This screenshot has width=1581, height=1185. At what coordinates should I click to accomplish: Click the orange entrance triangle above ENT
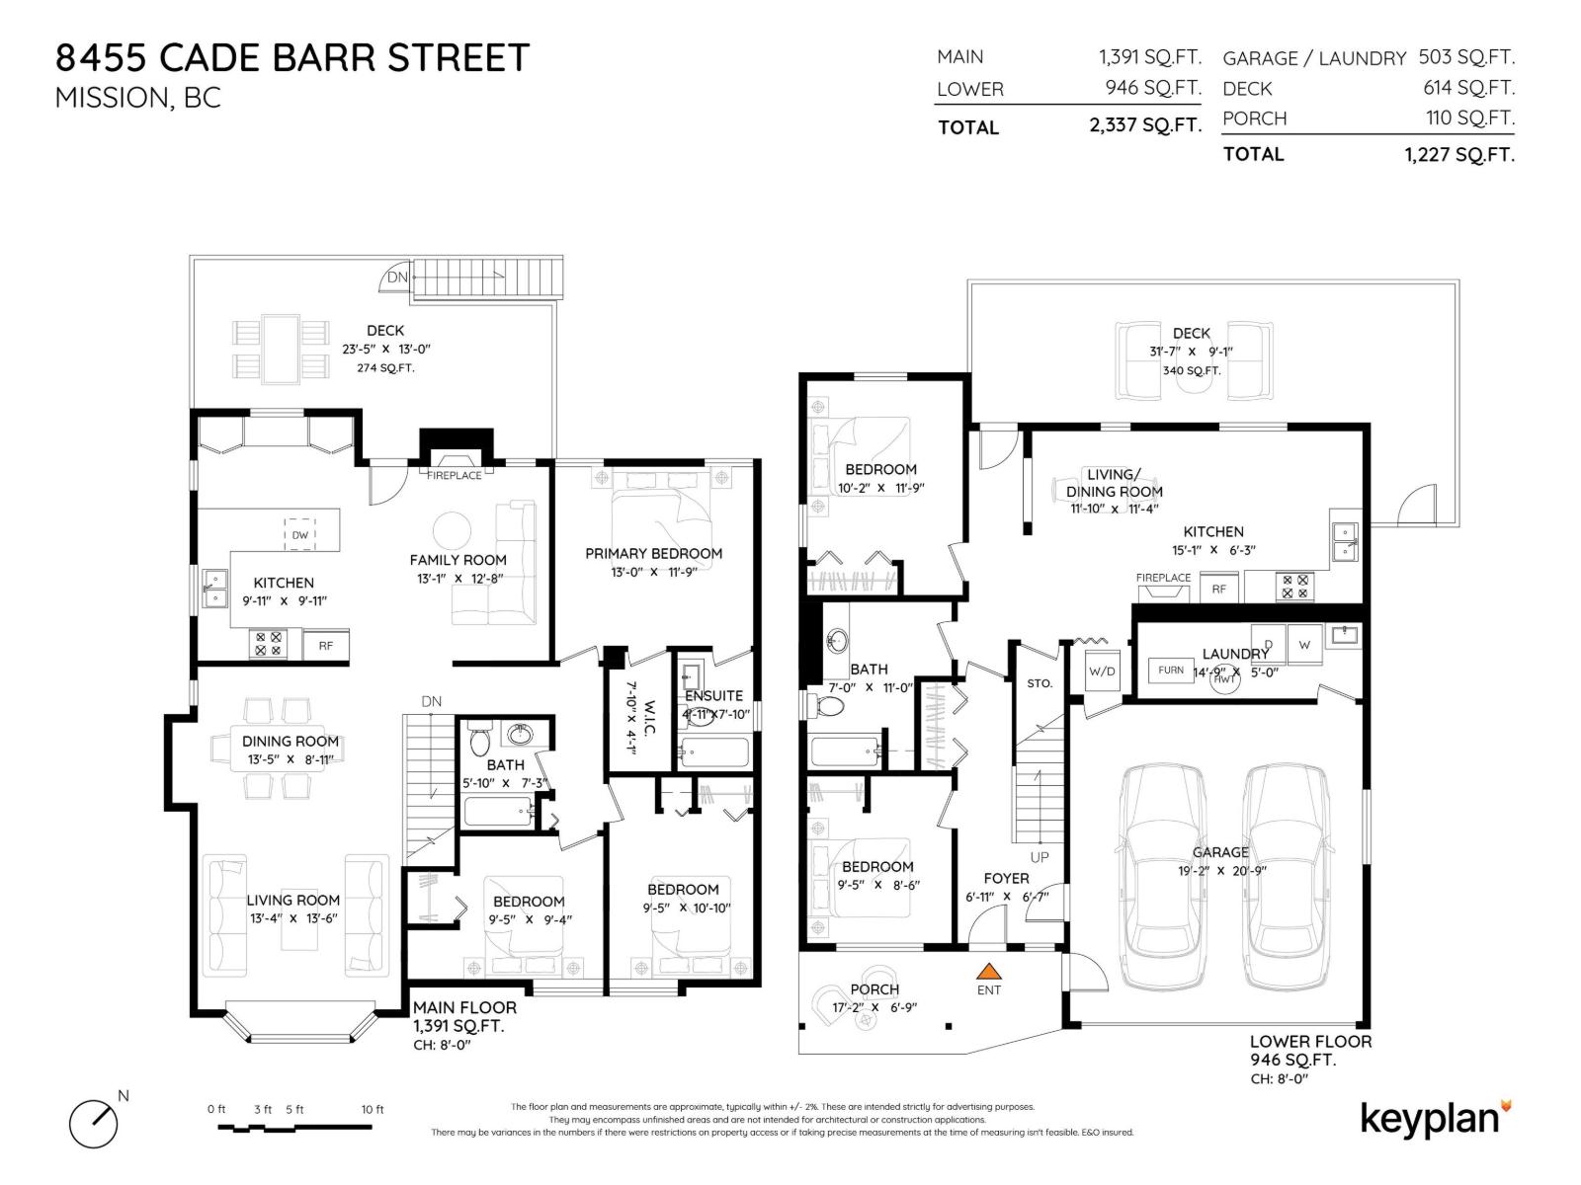tap(988, 972)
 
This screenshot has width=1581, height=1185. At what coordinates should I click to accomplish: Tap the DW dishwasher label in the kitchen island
tap(300, 535)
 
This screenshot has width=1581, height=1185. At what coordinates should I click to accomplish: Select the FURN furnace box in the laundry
tap(1171, 670)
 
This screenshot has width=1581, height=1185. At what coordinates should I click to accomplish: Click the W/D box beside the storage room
tap(1102, 671)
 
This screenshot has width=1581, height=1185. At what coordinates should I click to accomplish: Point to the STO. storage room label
tap(1040, 683)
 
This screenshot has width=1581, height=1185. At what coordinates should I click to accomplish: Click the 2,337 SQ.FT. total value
tap(1144, 125)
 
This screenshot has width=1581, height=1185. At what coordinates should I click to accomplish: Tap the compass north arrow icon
tap(94, 1123)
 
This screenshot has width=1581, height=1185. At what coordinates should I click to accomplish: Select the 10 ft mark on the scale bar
tap(373, 1110)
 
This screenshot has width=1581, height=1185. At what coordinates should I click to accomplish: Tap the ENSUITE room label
tap(713, 695)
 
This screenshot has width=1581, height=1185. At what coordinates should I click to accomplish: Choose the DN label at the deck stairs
tap(397, 277)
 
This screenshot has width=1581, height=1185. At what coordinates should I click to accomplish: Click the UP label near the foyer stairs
tap(1040, 857)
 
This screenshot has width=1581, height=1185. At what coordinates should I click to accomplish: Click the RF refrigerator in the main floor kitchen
tap(325, 646)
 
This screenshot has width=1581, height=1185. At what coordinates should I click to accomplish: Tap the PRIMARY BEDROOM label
tap(653, 553)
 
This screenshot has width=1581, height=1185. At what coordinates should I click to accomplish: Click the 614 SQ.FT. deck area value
tap(1468, 88)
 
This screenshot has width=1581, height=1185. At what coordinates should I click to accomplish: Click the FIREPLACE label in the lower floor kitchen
tap(1163, 578)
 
